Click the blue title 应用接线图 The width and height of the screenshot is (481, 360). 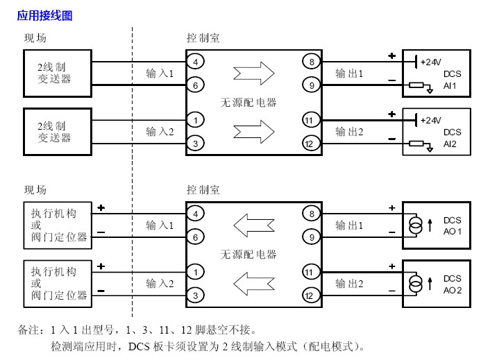(x=44, y=15)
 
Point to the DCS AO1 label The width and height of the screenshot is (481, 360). (x=452, y=225)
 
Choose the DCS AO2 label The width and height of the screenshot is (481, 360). (x=452, y=284)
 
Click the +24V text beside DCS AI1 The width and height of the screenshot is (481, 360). (x=431, y=62)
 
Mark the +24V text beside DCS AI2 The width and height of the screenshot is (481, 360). (x=431, y=120)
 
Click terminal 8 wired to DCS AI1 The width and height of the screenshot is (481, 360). (x=310, y=62)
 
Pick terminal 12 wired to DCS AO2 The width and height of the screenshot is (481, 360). (x=310, y=295)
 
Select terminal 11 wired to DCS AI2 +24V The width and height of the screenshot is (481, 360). (x=310, y=120)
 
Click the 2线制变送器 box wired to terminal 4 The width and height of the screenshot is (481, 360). (x=55, y=73)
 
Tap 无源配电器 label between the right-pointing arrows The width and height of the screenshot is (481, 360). (x=248, y=102)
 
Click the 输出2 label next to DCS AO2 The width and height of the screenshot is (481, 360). (x=349, y=283)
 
